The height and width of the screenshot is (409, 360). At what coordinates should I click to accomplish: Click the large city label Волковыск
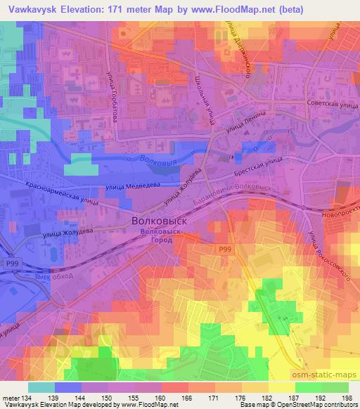pyautogui.click(x=160, y=220)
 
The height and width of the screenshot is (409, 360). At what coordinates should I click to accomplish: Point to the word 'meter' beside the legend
pyautogui.click(x=10, y=398)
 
